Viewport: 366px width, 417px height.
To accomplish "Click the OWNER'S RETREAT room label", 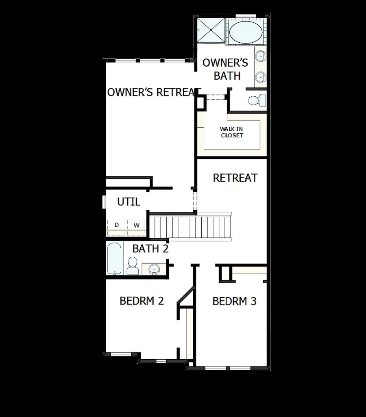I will point(154,92).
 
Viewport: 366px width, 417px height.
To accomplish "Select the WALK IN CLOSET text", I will point(232,132).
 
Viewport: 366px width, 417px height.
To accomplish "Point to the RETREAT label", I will point(235,178).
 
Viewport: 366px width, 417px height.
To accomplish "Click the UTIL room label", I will point(129,202).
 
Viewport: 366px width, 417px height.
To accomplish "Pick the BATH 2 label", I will point(150,248).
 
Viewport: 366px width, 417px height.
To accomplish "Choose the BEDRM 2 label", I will point(142,301).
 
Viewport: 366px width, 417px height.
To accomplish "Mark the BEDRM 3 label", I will point(234,301).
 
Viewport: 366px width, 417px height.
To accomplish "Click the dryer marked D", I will point(117,225).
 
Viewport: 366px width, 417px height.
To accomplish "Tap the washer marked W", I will point(137,225).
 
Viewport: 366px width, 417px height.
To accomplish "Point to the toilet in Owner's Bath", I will point(256,100).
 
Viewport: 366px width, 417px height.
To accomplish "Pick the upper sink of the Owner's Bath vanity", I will point(260,56).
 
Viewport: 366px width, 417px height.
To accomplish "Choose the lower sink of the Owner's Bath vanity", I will point(260,76).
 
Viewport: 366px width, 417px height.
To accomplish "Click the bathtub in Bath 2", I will point(114,258).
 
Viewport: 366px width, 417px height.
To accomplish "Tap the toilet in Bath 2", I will point(133,265).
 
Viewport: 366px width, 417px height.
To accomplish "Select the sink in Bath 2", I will point(154,269).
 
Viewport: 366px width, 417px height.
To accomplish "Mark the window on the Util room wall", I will point(104,202).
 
